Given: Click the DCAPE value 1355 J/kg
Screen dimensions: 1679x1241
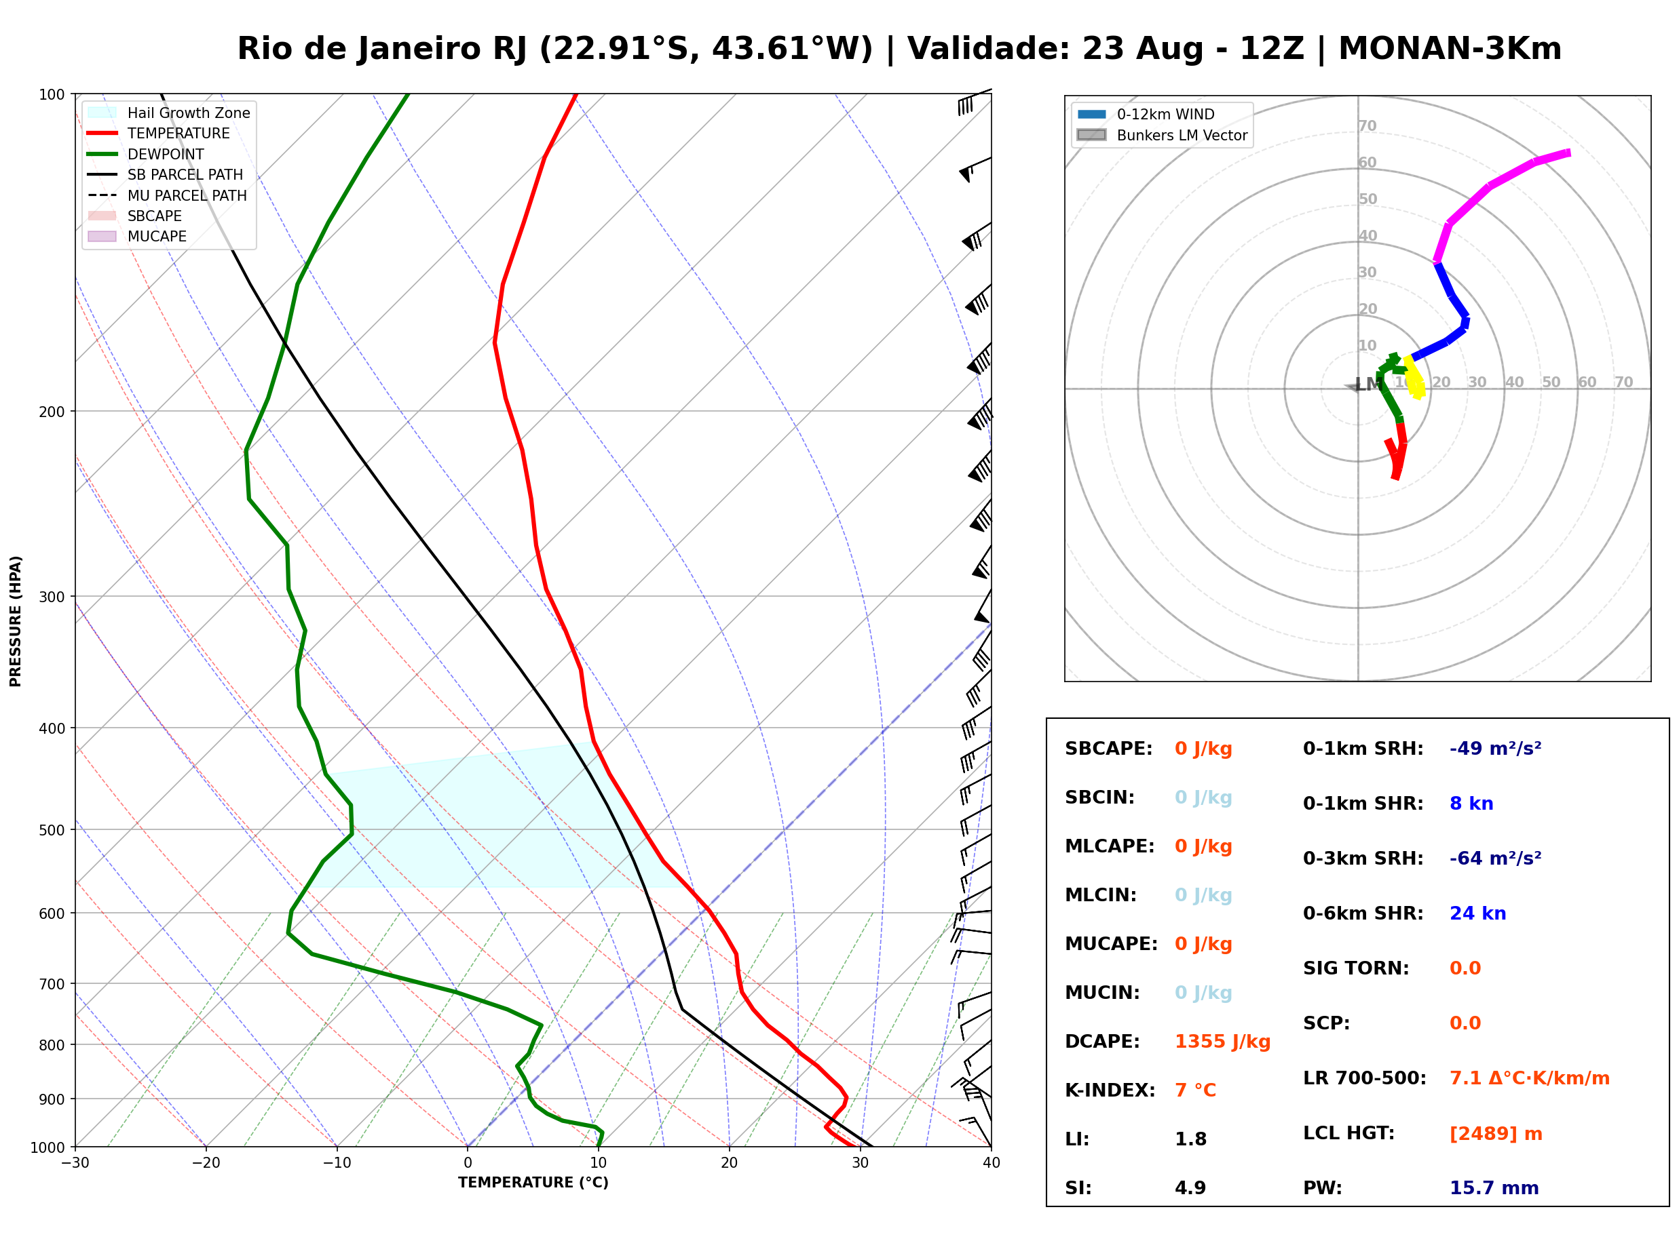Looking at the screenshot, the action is [1222, 1041].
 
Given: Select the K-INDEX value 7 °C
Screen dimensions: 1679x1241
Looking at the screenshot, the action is [1195, 1090].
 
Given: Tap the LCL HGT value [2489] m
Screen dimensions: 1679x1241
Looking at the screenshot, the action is [1496, 1134].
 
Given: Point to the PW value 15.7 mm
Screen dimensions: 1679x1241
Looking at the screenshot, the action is [1494, 1187].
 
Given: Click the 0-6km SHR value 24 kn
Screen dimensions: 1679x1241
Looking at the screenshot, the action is [1477, 913].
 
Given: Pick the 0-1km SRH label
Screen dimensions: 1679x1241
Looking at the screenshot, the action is [1363, 749].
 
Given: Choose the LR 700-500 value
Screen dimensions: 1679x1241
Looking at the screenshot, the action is [1530, 1078].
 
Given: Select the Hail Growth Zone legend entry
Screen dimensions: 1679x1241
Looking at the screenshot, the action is [169, 113].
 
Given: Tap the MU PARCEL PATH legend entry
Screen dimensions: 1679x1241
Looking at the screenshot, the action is [168, 195].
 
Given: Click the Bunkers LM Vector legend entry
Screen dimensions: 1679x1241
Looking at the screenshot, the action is [1163, 135].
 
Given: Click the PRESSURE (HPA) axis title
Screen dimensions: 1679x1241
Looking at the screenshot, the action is [16, 621].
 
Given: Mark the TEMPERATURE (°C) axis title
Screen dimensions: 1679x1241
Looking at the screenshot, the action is [533, 1183].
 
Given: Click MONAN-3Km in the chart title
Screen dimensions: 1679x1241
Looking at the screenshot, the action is [1450, 49].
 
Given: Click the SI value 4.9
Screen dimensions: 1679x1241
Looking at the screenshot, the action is [1190, 1187].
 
